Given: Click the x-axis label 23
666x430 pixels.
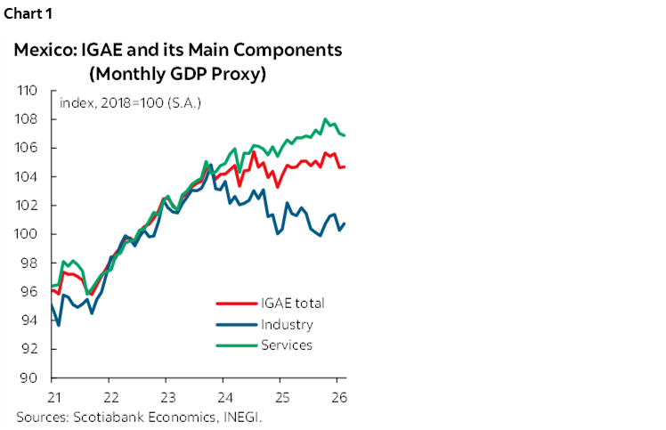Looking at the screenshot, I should point(166,396).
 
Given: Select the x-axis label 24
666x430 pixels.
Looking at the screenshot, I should point(224,396).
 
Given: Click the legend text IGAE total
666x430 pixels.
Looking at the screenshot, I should point(292,304).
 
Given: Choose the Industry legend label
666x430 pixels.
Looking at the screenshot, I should point(287,324).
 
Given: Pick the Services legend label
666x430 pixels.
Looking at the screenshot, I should point(287,345).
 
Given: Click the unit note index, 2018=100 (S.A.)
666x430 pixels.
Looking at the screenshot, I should point(130,102).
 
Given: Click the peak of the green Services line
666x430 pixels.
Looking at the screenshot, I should point(325,119).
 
